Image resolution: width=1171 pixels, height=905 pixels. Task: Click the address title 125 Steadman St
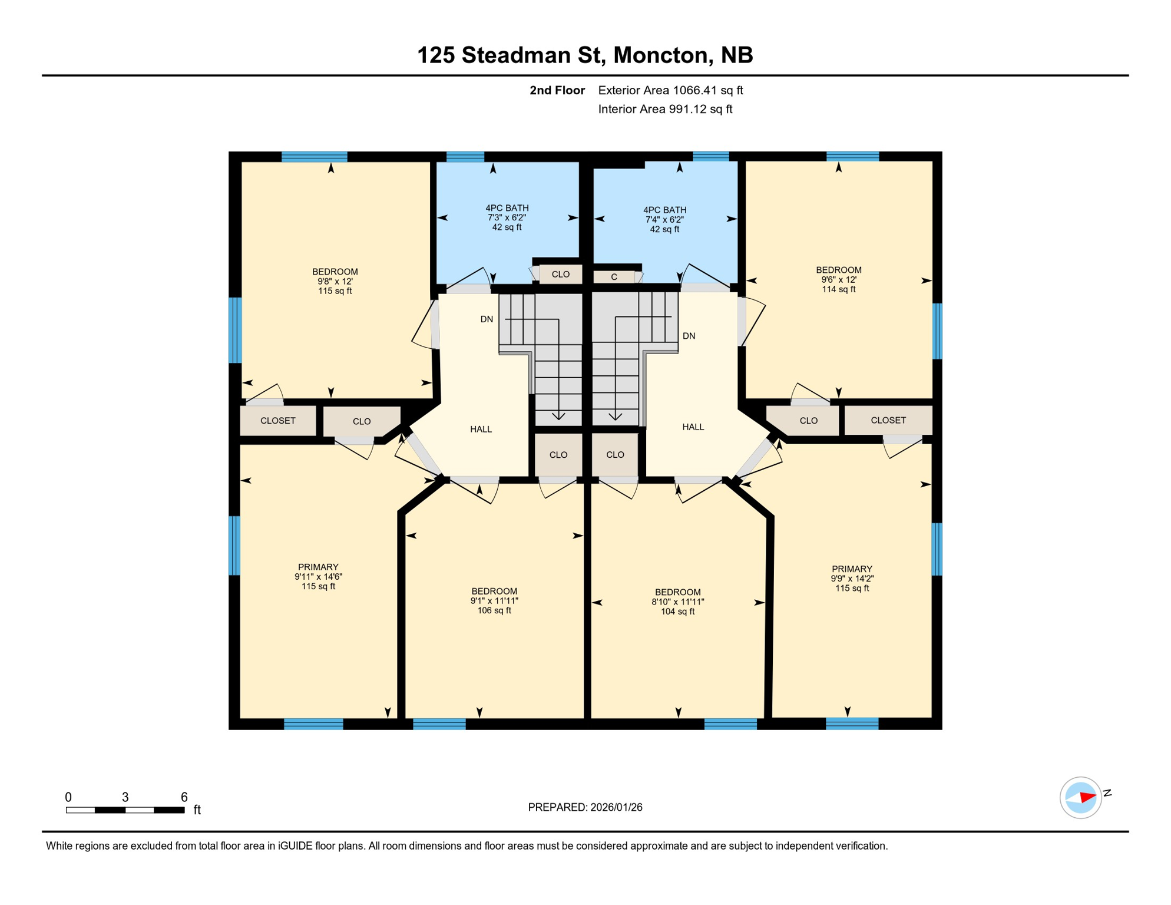pos(584,55)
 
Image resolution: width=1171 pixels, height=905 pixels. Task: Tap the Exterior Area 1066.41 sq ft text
pos(670,90)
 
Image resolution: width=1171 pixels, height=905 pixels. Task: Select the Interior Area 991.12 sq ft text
pos(664,109)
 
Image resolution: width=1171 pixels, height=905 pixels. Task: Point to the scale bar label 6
pos(184,797)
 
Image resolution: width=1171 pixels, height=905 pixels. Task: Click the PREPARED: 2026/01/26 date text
pos(584,807)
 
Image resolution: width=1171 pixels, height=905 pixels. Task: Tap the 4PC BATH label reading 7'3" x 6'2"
pos(507,217)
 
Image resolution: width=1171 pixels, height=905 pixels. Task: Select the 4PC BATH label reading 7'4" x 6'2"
pos(664,219)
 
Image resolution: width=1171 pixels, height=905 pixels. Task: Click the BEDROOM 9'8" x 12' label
pos(335,281)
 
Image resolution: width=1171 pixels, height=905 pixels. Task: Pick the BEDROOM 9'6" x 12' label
pos(838,280)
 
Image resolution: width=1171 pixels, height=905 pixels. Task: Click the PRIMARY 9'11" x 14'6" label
pos(318,576)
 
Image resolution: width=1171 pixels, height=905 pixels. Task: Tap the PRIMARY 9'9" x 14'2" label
pos(851,578)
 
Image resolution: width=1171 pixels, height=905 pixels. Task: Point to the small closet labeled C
pos(614,277)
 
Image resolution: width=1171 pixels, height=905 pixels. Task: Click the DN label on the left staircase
pos(487,319)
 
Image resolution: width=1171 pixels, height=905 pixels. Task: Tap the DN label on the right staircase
pos(689,336)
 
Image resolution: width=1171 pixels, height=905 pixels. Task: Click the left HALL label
pos(481,429)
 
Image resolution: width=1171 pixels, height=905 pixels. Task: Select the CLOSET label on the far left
pos(277,421)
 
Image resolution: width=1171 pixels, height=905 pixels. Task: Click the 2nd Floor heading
pos(557,90)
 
